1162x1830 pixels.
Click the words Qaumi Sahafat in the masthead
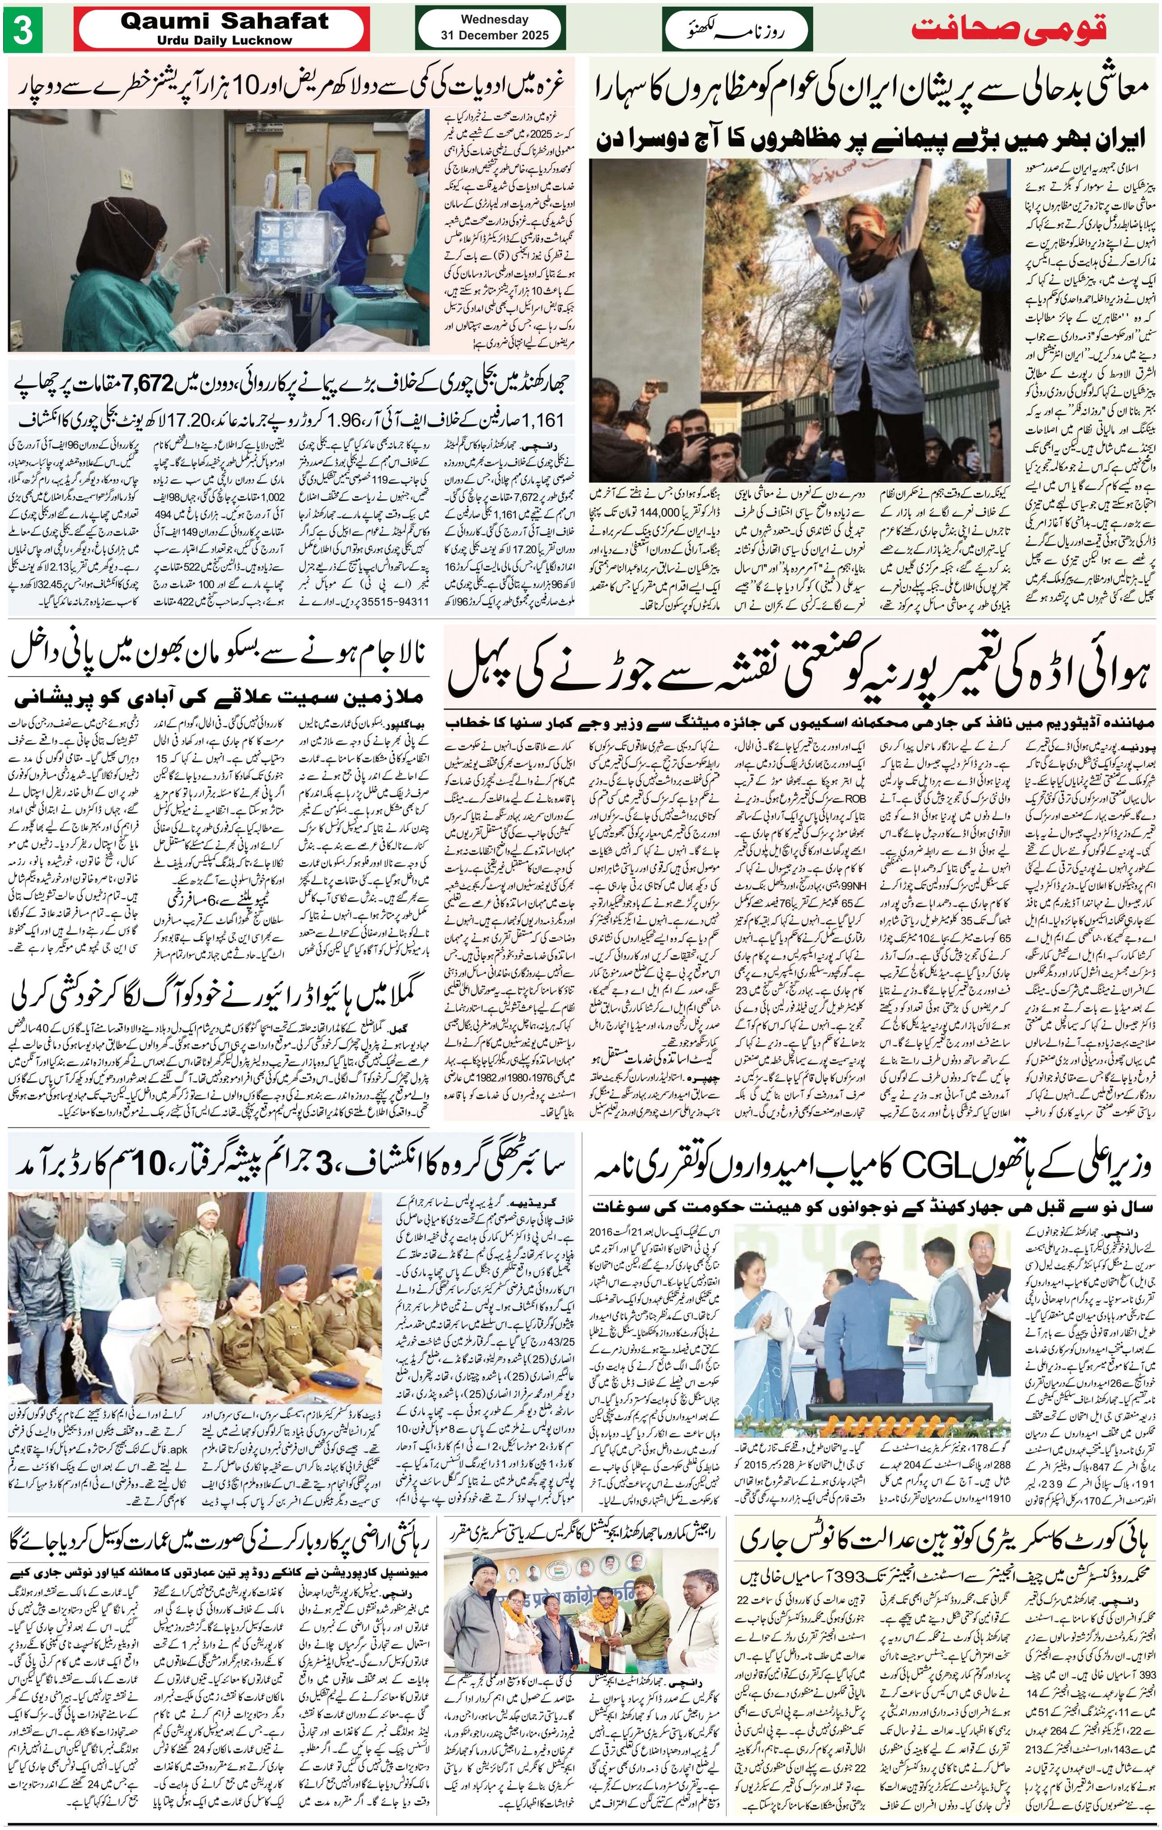point(225,21)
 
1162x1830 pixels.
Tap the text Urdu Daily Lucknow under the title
point(225,40)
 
